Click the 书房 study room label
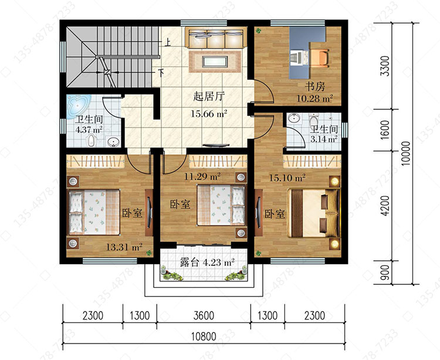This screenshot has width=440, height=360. pos(315,86)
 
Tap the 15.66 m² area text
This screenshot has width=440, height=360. pos(209,114)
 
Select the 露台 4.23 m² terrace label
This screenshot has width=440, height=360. pos(207,263)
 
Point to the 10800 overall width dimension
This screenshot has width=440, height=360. pos(204,336)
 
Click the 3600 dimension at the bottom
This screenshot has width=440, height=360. pos(204,315)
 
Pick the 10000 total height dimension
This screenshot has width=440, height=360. pos(406,153)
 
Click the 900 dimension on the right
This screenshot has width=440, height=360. pos(385,272)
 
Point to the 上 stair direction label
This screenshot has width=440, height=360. pos(168,42)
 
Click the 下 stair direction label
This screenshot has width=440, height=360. pos(161,73)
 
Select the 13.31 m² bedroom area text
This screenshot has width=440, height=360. pos(124,247)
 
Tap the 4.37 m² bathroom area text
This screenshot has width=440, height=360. pos(89,130)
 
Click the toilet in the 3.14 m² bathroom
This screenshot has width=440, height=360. pos(313,120)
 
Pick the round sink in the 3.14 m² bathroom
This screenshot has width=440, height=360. pos(293,118)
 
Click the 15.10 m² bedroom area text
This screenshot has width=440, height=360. pos(287,178)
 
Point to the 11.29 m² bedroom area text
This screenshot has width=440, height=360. pos(202,176)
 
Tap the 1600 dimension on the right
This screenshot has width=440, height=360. pos(385,129)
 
